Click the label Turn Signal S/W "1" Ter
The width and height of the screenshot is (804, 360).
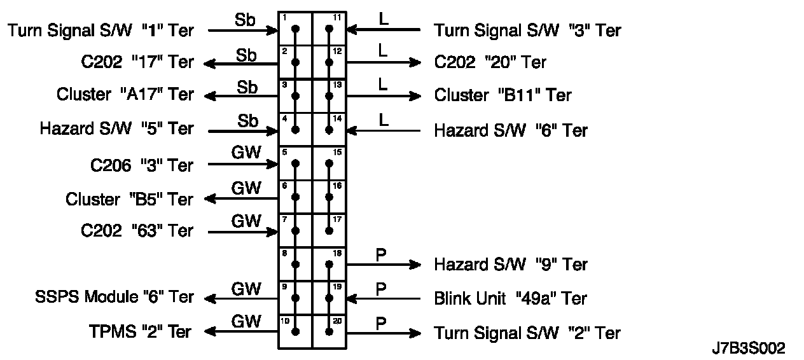coord(100,30)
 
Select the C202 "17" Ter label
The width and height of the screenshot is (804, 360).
coord(137,62)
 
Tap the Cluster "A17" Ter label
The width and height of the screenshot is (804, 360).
coord(125,95)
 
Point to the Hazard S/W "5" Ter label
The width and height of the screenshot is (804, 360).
coord(116,128)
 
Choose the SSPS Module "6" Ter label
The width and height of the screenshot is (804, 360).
coord(114,297)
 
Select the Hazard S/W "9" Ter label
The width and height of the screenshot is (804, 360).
coord(511,264)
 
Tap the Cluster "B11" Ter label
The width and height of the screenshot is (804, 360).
coord(502,95)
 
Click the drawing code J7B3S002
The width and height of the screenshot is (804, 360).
coord(749,349)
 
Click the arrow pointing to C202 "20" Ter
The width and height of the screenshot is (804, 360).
coord(384,62)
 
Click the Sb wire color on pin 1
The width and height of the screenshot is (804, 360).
coord(246,20)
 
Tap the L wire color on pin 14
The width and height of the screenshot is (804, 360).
coord(383,120)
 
